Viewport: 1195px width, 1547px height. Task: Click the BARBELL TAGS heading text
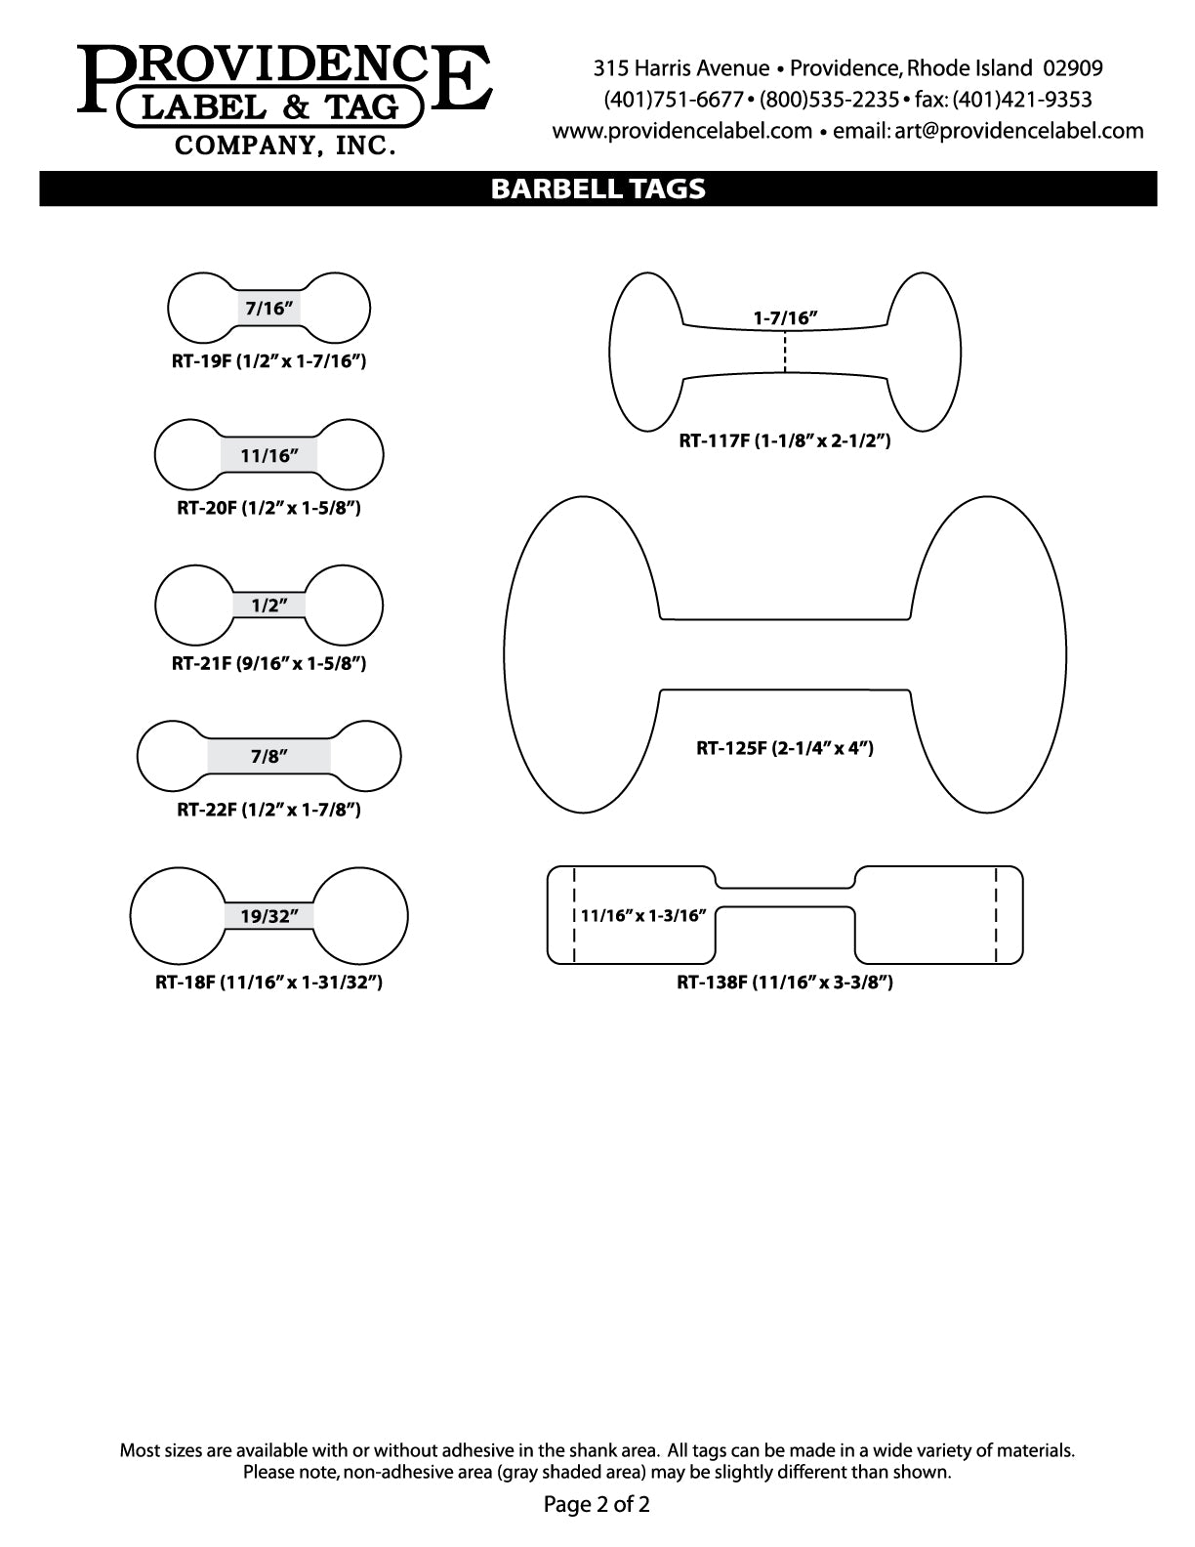point(597,188)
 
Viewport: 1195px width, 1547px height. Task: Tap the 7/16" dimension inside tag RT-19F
point(269,309)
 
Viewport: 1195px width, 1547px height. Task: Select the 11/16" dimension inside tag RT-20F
point(269,456)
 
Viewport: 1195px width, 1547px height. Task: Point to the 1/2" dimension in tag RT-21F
point(269,606)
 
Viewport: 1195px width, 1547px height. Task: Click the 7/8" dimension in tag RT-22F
point(269,756)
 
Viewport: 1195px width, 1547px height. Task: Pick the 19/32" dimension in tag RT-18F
point(269,916)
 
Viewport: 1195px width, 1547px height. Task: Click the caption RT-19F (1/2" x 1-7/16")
point(269,361)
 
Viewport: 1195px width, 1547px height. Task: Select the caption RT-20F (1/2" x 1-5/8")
point(269,508)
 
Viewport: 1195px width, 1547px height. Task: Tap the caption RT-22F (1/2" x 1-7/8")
point(269,810)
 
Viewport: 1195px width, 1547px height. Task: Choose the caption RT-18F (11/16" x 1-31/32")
point(269,983)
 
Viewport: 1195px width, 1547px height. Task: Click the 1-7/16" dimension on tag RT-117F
point(785,318)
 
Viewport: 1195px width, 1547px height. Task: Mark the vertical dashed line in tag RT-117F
point(785,352)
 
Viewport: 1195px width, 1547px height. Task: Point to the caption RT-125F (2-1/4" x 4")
point(785,748)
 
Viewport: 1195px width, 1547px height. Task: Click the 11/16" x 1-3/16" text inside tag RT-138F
point(643,915)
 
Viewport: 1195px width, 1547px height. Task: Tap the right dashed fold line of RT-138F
point(996,915)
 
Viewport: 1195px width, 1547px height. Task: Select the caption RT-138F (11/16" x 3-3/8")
point(785,983)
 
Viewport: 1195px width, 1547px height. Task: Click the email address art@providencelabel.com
point(1019,131)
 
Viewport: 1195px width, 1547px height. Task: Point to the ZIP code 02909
point(1073,68)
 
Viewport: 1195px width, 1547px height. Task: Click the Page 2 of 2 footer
point(597,1504)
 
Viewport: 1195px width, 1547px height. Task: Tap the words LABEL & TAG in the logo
point(270,107)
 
